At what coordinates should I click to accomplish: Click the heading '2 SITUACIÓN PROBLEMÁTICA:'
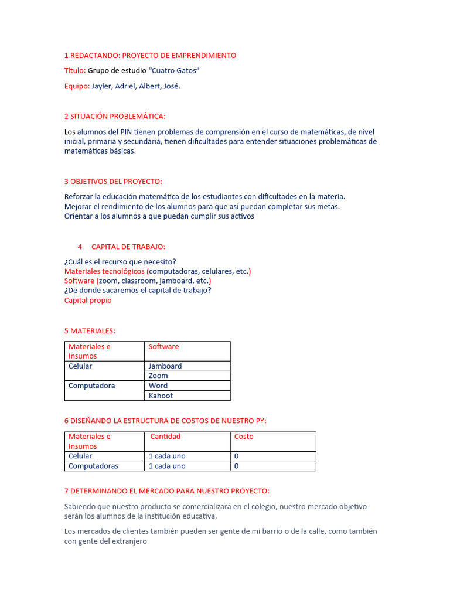pyautogui.click(x=115, y=117)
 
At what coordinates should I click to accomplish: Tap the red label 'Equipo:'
pyautogui.click(x=77, y=86)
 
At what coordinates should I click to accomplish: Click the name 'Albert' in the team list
pyautogui.click(x=149, y=86)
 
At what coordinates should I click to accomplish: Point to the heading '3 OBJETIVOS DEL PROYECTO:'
pyautogui.click(x=113, y=181)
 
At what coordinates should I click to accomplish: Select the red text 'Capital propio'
pyautogui.click(x=88, y=301)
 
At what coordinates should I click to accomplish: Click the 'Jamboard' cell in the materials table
pyautogui.click(x=165, y=366)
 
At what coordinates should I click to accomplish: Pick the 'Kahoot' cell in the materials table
pyautogui.click(x=161, y=396)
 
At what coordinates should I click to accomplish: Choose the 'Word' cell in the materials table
pyautogui.click(x=158, y=386)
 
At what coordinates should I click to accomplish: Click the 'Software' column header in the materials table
pyautogui.click(x=163, y=347)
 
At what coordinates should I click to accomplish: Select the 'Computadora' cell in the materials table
pyautogui.click(x=91, y=386)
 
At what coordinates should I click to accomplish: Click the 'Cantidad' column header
pyautogui.click(x=165, y=437)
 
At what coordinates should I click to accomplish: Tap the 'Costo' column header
pyautogui.click(x=244, y=437)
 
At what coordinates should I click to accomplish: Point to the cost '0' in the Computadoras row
pyautogui.click(x=237, y=466)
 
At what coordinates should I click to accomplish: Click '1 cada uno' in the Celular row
pyautogui.click(x=167, y=456)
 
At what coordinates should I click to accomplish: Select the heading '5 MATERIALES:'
pyautogui.click(x=90, y=331)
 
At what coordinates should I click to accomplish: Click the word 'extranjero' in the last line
pyautogui.click(x=127, y=542)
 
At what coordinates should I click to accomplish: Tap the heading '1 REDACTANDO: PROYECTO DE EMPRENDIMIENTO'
pyautogui.click(x=150, y=56)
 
